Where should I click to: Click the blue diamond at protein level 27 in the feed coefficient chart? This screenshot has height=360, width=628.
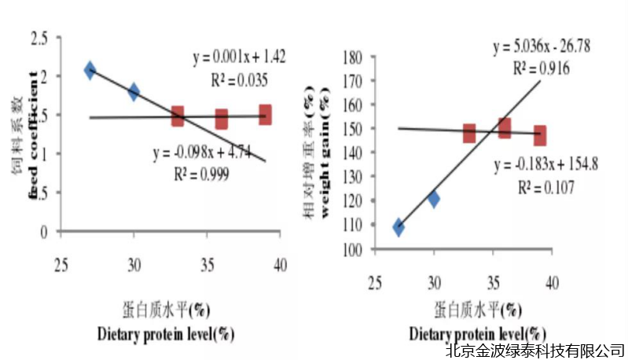point(90,71)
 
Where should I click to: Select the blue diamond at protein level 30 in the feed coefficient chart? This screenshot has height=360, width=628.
point(134,92)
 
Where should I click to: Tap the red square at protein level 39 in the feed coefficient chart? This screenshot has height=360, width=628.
point(265,114)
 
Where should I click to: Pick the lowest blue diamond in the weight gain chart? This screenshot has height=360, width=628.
point(398,228)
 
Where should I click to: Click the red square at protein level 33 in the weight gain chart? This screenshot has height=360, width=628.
point(469,133)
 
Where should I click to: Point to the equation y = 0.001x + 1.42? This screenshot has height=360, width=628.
point(239,58)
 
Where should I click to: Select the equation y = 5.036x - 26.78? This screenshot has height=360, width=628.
point(542,48)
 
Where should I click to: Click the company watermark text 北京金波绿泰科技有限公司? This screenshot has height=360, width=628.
point(534,349)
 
